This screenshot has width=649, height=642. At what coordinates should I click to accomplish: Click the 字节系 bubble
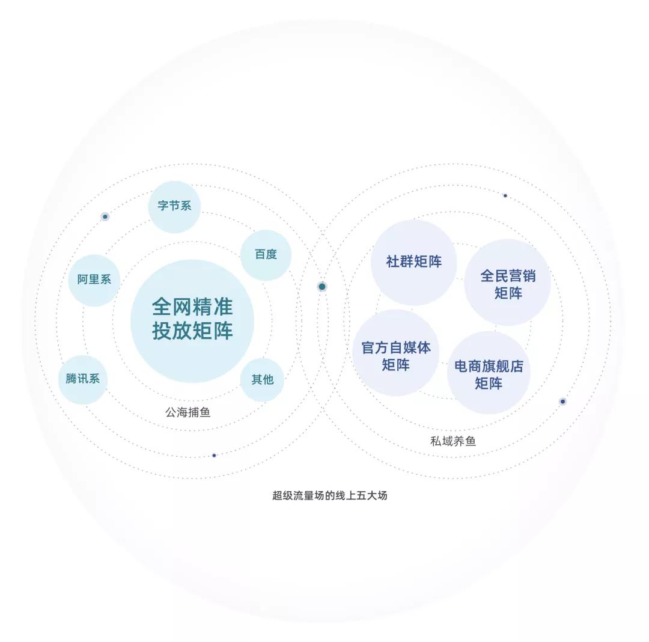point(174,207)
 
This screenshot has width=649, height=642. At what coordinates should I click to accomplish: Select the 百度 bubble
point(266,255)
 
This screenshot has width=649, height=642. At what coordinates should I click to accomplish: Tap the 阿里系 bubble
point(94,280)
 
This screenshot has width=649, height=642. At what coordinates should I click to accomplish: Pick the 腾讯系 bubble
point(83,379)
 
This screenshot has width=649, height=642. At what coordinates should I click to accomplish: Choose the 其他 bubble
point(262,380)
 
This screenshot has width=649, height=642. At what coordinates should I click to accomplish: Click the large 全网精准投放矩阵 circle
point(192,321)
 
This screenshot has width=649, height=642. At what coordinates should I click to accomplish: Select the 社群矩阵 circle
point(413,263)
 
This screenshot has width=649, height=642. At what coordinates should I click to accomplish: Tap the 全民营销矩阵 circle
point(507,283)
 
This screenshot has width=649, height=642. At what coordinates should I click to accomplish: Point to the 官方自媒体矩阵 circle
point(395,353)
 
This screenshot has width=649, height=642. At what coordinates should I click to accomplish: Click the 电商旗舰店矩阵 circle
point(489,372)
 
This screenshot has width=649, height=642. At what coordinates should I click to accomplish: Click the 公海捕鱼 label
point(188,412)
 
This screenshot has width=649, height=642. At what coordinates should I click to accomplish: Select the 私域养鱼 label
point(453,441)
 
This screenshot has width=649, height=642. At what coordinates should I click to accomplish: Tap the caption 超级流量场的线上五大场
point(330,495)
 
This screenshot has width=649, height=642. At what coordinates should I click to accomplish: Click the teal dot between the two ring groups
point(322,287)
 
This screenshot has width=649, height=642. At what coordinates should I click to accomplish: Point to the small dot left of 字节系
point(105,216)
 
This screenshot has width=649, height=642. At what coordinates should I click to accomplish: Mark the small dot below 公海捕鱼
point(214,455)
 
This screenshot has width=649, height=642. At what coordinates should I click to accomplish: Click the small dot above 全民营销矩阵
point(505,195)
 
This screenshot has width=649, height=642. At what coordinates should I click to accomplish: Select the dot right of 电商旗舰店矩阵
point(562,402)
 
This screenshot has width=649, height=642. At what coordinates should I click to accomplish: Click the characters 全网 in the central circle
point(172,307)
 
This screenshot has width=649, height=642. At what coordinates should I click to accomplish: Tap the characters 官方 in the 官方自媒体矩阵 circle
point(375,347)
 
